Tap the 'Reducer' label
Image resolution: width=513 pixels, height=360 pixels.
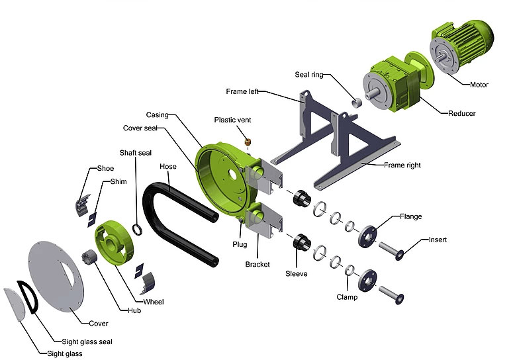tap(461, 114)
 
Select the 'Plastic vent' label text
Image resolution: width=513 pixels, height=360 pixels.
tap(232, 120)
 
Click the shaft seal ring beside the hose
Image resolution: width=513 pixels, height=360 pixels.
tap(138, 229)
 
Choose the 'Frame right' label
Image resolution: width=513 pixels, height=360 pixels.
tap(402, 165)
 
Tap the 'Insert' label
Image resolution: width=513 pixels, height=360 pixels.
tap(438, 240)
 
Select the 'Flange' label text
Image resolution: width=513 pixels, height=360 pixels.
tap(411, 216)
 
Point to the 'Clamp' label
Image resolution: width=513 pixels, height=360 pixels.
tap(346, 297)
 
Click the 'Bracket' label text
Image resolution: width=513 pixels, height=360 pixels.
tap(257, 264)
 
